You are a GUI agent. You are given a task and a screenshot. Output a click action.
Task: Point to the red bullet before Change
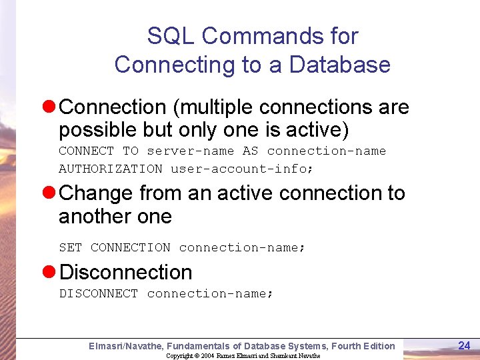[49, 193]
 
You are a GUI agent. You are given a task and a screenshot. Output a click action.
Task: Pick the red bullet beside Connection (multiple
[49, 107]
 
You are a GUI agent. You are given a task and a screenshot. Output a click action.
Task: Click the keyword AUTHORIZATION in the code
[110, 169]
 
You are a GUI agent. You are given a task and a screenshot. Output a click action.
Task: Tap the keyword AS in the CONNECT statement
[250, 151]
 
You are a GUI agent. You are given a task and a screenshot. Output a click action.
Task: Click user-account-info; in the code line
[242, 169]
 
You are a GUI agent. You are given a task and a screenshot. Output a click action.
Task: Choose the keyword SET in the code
[70, 247]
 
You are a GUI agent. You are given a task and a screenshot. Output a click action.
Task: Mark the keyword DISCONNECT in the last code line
[98, 293]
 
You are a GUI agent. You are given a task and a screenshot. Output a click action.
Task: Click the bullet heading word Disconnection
[126, 273]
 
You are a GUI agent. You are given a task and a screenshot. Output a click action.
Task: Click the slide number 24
[465, 345]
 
